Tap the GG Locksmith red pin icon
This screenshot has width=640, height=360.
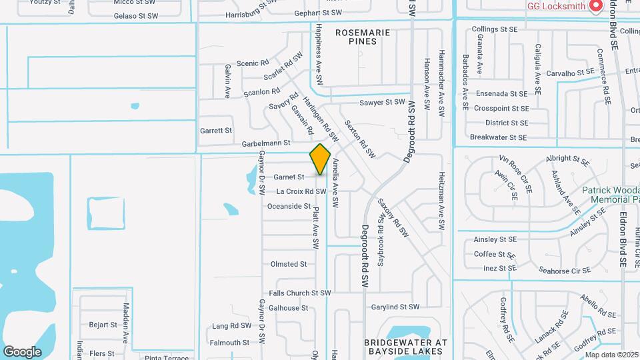coord(595,6)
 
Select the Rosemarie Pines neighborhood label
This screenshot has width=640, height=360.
coord(356,36)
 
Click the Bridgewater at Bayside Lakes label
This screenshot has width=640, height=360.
coord(404,346)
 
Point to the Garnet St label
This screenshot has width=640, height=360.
coord(289,177)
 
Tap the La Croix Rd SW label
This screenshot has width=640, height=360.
coord(301,192)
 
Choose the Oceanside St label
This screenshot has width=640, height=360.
coord(289,207)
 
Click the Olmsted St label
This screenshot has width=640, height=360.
coord(288,264)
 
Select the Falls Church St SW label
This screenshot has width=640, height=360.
coord(299,293)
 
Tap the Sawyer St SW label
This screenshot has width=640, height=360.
coord(382,103)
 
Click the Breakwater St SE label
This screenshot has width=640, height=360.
coord(498,137)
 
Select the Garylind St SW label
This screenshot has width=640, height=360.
coord(395,307)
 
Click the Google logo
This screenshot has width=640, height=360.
coord(22,352)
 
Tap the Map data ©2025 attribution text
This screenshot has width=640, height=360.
coord(611,355)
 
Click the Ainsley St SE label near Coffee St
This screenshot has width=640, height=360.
coord(495,239)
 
